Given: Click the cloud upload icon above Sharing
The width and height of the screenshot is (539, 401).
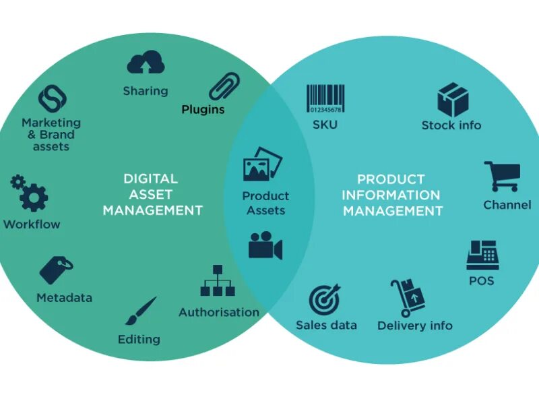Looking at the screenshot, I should click(146, 63).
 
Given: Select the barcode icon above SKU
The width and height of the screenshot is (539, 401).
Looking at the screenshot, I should click(324, 99).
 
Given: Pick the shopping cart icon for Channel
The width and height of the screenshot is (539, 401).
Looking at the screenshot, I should click(502, 177).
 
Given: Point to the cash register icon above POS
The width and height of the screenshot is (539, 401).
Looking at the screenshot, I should click(482, 255).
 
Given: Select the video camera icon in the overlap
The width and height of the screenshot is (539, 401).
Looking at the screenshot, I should click(265, 246).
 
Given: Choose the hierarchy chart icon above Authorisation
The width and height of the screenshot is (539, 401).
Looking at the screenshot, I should click(218, 281).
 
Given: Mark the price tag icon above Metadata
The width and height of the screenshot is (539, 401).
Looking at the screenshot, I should click(57, 269).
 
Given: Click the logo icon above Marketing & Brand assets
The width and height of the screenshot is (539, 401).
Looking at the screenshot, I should click(52, 98).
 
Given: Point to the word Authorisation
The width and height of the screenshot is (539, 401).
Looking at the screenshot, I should click(219, 312).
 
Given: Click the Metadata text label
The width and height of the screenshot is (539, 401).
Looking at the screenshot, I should click(64, 297).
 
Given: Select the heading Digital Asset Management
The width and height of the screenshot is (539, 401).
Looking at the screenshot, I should click(152, 195).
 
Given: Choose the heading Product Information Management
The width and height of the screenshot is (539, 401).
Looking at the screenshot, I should click(391, 195).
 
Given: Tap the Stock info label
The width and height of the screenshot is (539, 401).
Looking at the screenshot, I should click(451, 125).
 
